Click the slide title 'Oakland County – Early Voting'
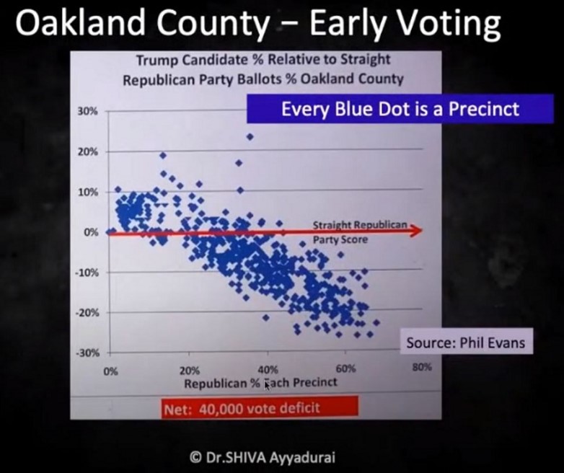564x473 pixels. tap(258, 22)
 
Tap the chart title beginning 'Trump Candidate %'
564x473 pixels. tap(263, 69)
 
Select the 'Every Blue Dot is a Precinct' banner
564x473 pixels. tap(400, 109)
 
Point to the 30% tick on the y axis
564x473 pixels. tap(87, 112)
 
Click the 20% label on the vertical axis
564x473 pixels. tap(87, 152)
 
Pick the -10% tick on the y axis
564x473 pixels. tap(87, 273)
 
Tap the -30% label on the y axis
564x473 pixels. tap(87, 353)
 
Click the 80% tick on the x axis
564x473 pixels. tap(422, 367)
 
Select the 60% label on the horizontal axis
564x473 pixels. tap(345, 369)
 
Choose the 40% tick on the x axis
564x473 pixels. tap(268, 370)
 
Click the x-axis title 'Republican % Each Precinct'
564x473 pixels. tap(261, 383)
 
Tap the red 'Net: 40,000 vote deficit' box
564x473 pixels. tap(260, 407)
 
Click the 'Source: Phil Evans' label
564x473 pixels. tap(466, 342)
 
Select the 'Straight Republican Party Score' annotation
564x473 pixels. tap(360, 232)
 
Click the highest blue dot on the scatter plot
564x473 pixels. tap(250, 137)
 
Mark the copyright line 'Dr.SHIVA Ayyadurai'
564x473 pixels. tap(263, 458)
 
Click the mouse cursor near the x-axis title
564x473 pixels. tap(267, 385)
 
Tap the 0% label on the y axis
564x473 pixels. tap(92, 232)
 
